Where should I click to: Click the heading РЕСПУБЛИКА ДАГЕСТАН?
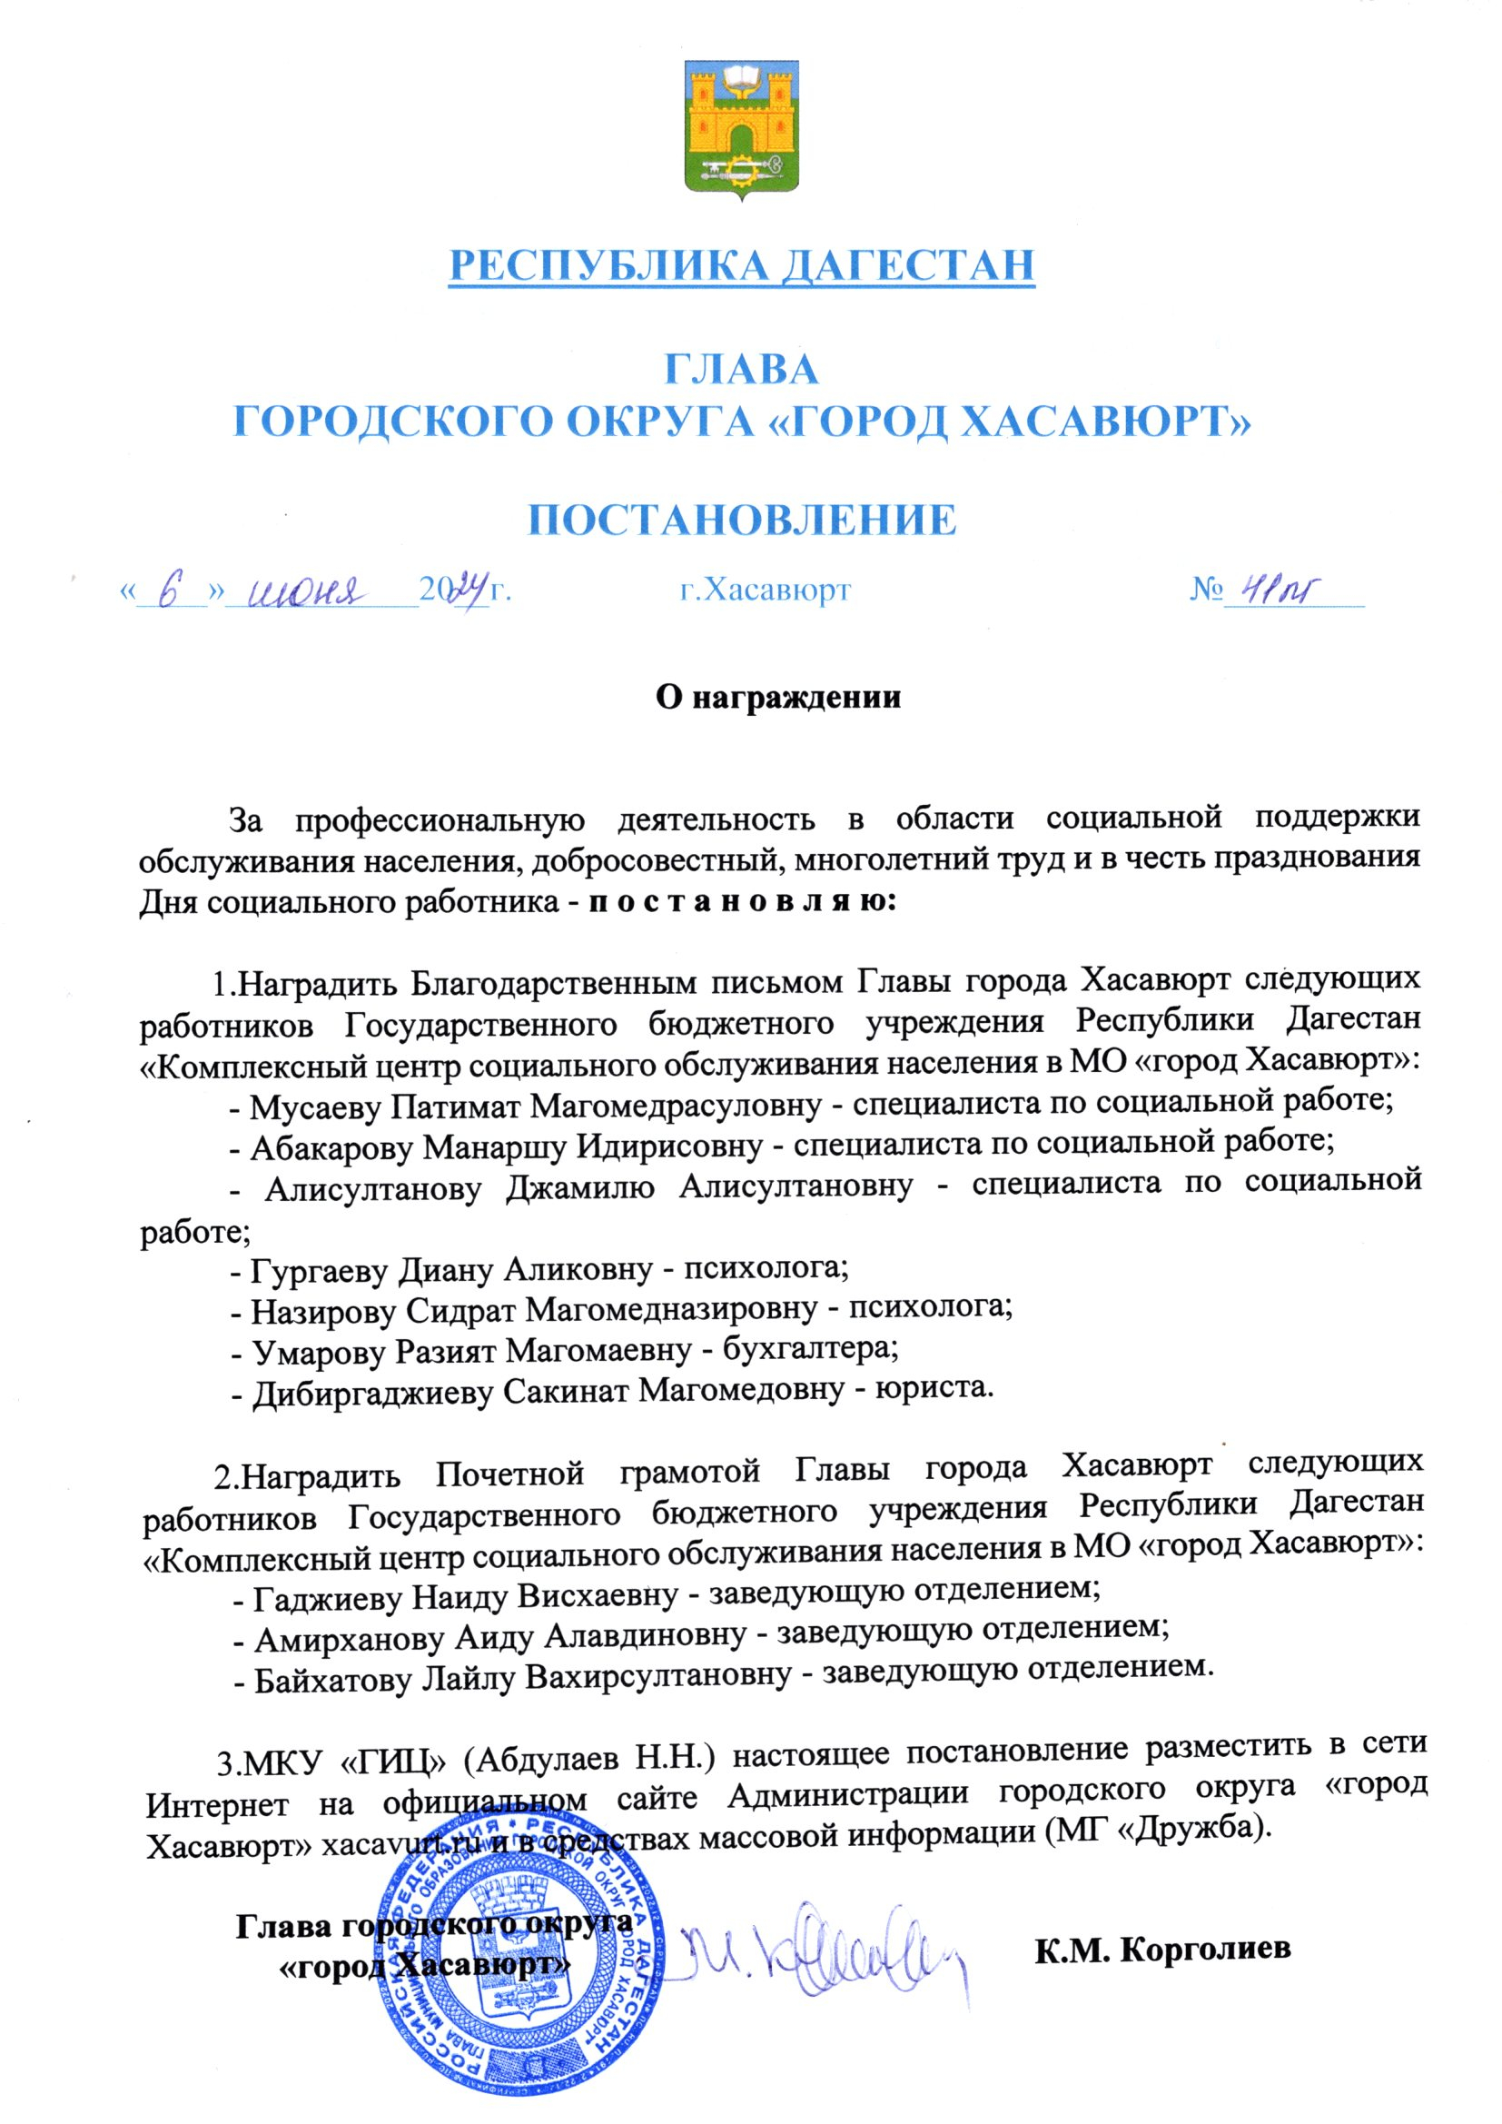tap(742, 265)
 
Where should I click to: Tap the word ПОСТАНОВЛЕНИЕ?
tap(742, 520)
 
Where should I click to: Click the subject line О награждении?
tap(777, 697)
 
